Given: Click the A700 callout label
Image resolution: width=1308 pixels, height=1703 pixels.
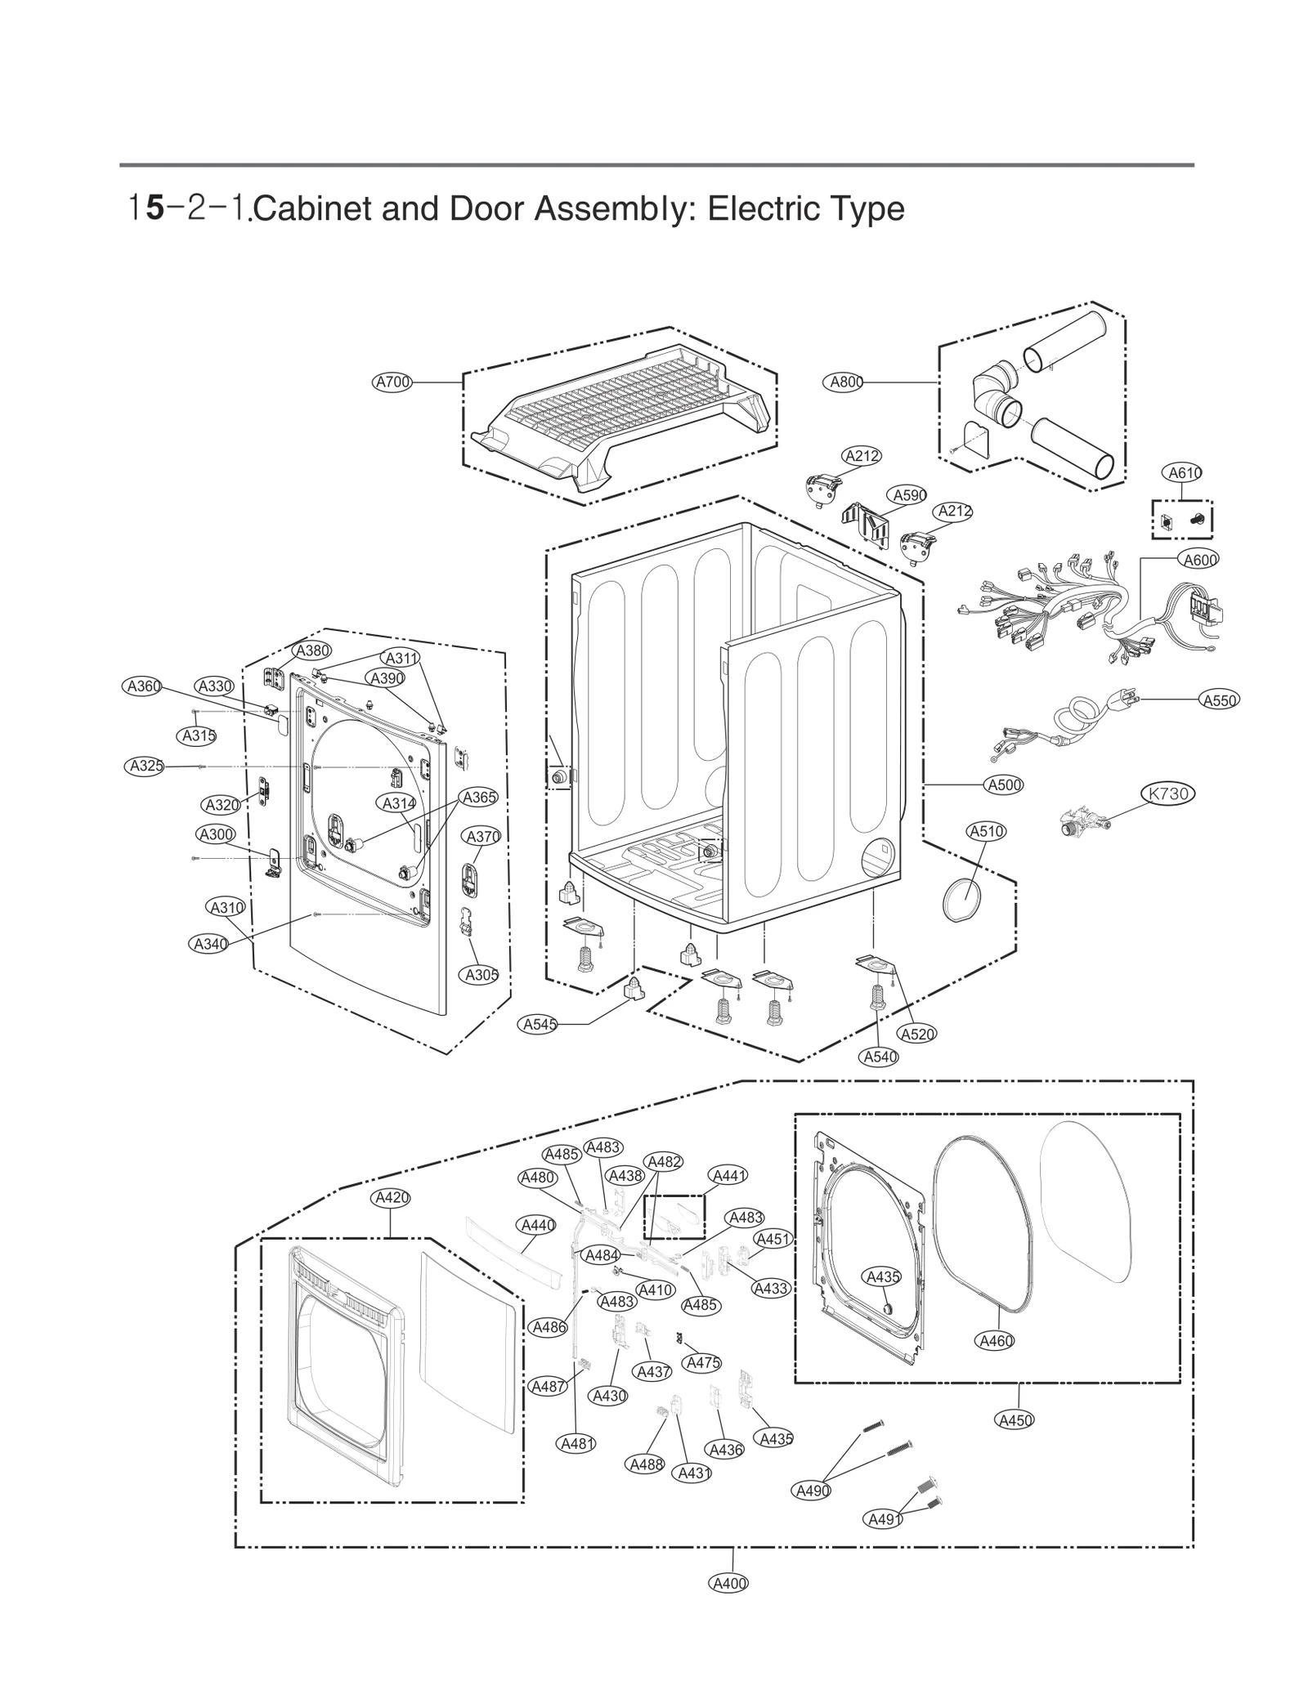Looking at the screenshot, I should click(392, 382).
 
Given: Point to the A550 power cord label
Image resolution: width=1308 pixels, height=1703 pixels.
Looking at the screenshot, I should click(1219, 700).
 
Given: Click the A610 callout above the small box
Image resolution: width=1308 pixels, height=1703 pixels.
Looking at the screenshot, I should click(1182, 472).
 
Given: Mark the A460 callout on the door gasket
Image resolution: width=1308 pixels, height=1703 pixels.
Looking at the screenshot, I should click(996, 1341).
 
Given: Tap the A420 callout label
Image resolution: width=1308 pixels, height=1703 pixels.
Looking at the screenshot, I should click(391, 1198).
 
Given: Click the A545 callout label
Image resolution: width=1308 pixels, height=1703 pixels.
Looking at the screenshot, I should click(540, 1025).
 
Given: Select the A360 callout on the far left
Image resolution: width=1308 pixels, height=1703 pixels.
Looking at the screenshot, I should click(143, 686).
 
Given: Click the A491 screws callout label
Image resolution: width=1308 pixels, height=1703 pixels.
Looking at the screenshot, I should click(883, 1520).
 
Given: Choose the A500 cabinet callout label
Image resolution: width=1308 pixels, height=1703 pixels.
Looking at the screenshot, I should click(1004, 785).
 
